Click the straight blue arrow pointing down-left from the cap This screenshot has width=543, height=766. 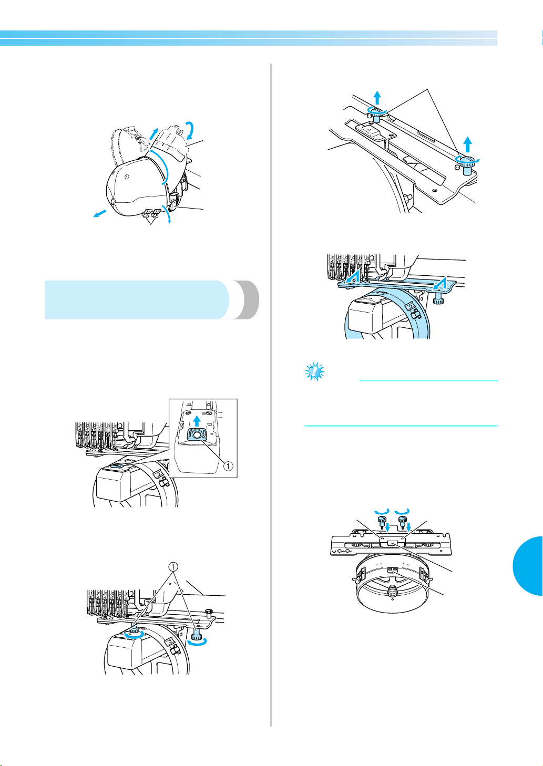[x=99, y=214]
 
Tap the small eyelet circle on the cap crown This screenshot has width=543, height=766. [x=127, y=177]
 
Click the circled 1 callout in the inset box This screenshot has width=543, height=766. [x=228, y=466]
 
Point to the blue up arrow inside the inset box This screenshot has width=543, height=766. [x=197, y=421]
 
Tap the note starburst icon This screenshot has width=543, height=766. [x=314, y=372]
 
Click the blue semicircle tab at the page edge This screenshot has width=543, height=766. [x=528, y=566]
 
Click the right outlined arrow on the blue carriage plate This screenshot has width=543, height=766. [x=439, y=283]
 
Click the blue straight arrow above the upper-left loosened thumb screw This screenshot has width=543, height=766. [x=377, y=98]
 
